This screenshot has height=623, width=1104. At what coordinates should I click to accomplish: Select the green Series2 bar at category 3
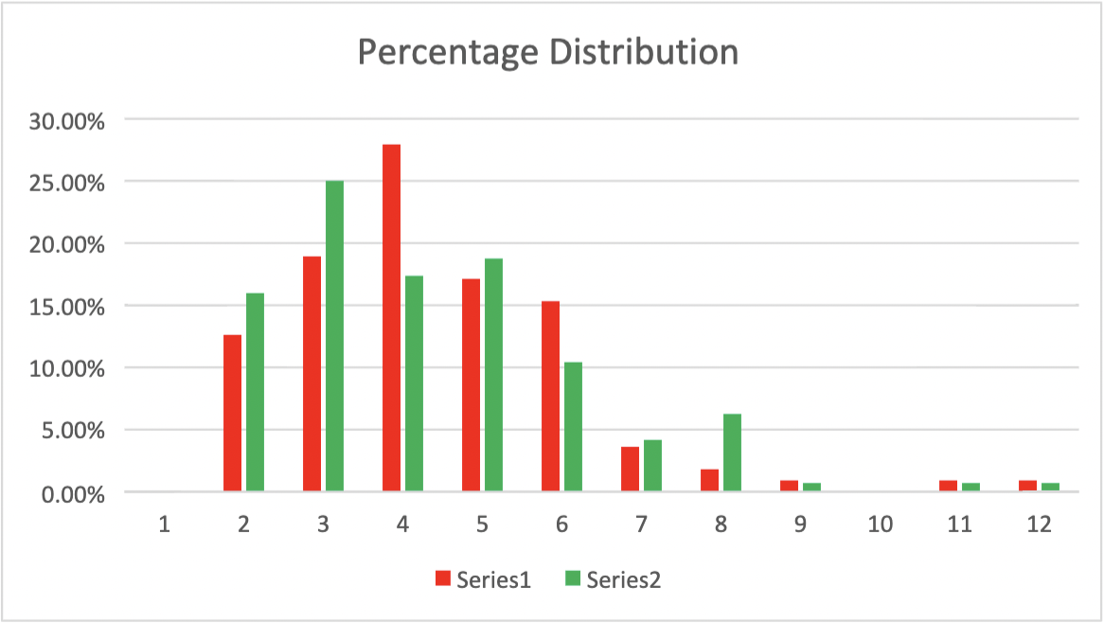[334, 335]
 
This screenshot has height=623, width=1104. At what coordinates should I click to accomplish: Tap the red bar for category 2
[232, 413]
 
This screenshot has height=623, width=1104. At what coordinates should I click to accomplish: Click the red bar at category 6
[550, 396]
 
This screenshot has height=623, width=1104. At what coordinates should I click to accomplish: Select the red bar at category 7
[630, 469]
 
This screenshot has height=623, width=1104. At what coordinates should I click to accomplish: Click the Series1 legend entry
[483, 579]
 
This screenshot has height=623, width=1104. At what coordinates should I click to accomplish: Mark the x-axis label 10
[880, 524]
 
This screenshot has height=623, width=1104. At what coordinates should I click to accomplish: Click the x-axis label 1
[164, 524]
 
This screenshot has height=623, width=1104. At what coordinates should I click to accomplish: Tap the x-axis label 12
[1039, 524]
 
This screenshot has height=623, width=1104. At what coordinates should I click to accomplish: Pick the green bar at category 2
[255, 392]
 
